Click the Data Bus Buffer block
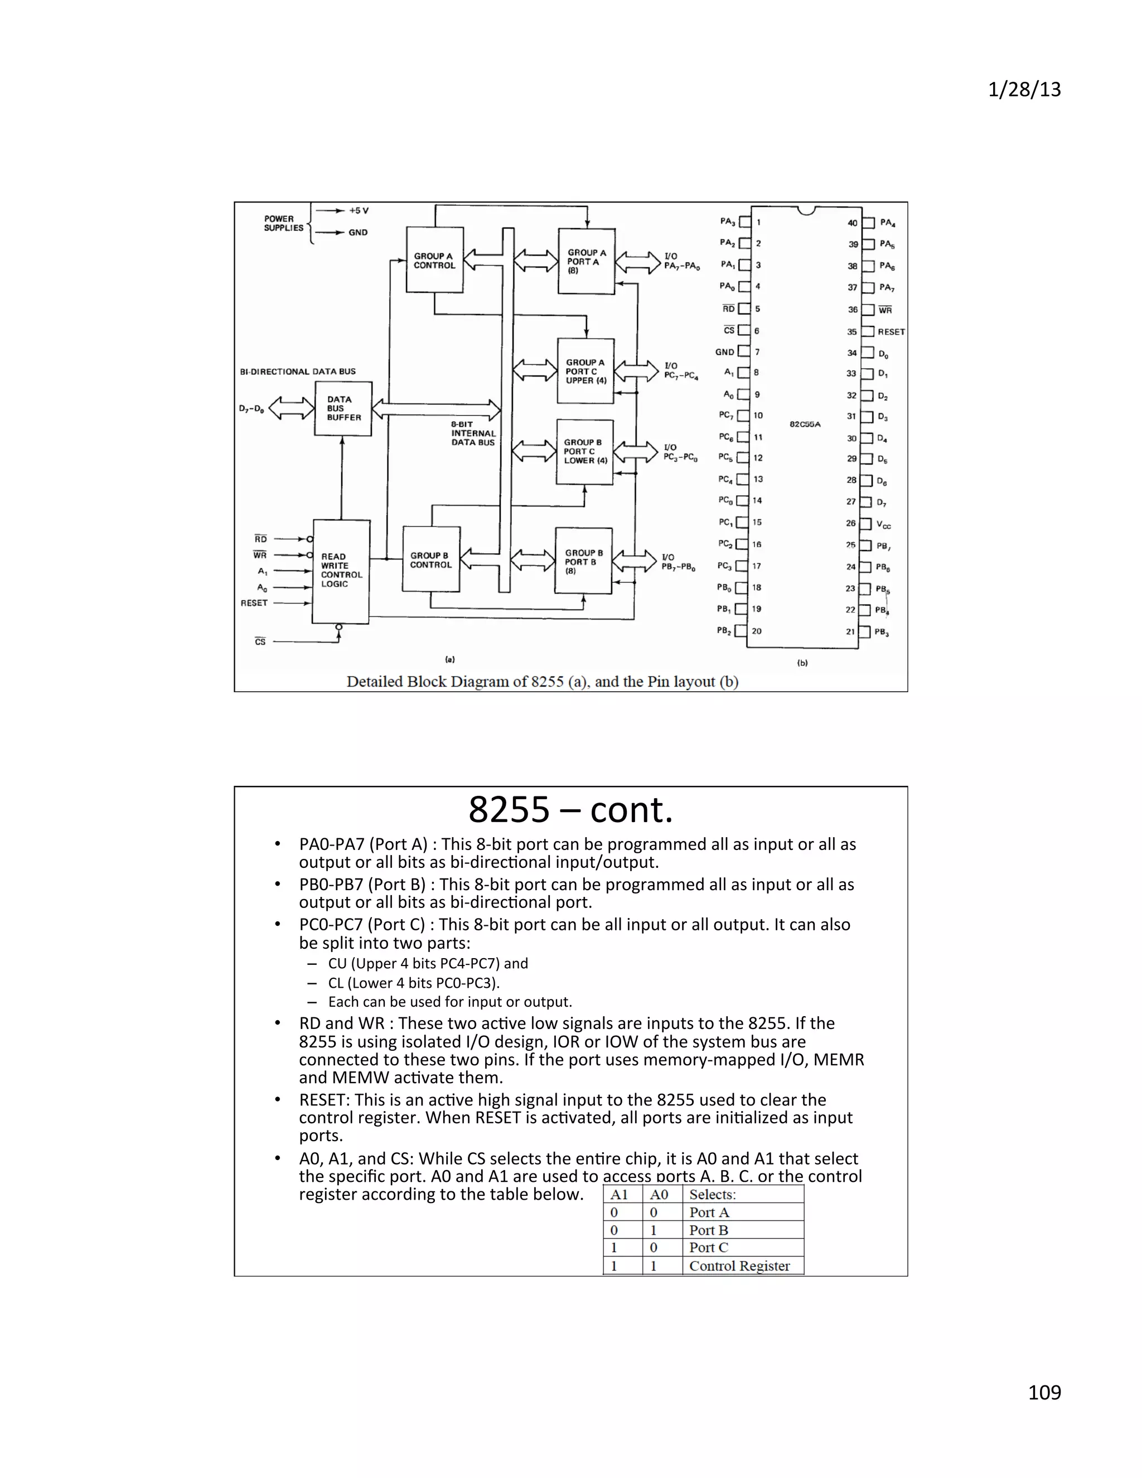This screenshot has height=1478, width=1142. pos(343,409)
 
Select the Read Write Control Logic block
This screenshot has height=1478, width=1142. pos(341,571)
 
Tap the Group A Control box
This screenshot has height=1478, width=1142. pos(434,260)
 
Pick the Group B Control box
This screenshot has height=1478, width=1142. pos(431,559)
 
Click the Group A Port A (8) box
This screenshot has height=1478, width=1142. pos(586,260)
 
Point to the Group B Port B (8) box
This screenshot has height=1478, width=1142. pos(583,561)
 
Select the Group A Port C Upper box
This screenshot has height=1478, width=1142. pos(585,371)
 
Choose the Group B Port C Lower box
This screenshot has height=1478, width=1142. pos(584,451)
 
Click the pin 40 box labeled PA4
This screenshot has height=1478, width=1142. pos(868,223)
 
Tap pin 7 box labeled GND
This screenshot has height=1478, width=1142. pos(743,351)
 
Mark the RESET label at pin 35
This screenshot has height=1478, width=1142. pos(891,332)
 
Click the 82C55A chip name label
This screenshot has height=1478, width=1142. pos(805,424)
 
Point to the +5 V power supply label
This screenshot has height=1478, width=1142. pos(359,210)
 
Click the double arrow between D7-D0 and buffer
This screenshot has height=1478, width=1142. pos(292,408)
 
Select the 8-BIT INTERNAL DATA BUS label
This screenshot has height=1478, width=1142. pos(473,433)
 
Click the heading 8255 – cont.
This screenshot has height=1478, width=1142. pos(570,809)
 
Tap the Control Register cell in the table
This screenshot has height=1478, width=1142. pos(739,1266)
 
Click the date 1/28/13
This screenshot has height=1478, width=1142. pos(1024,89)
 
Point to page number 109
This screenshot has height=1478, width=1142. pos(1044,1392)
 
